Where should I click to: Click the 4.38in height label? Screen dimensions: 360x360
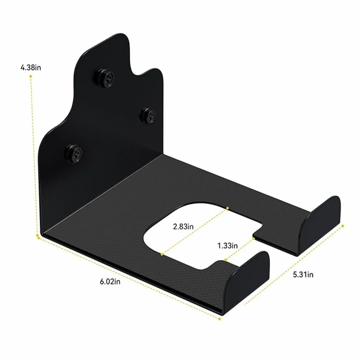coord(31,68)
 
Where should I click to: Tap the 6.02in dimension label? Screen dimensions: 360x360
coord(110,281)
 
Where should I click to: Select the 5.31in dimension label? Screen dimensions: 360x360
coord(303,274)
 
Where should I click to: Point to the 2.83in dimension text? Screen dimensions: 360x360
coord(183,227)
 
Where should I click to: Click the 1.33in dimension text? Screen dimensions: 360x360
coord(228,246)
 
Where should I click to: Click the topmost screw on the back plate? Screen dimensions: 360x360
coord(105,77)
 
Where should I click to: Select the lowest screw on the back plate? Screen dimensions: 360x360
coord(74,153)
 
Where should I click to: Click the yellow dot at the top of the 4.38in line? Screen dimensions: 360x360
coord(30,76)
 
